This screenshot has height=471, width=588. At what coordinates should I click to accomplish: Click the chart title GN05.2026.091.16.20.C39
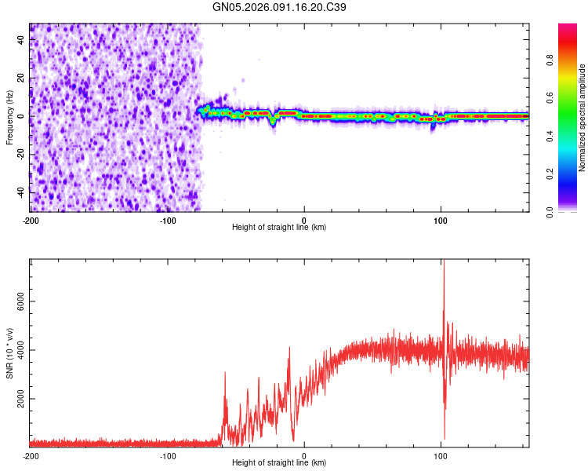[280, 7]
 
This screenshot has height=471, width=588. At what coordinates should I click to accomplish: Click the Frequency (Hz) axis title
[9, 117]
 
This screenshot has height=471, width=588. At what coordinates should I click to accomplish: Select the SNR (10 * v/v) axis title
[9, 352]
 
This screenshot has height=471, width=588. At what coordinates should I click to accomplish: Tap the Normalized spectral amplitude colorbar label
[583, 118]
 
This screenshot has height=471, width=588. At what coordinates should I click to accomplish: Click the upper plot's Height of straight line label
[279, 227]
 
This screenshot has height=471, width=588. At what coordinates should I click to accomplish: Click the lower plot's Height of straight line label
[279, 462]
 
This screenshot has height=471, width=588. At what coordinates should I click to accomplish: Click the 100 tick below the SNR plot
[441, 455]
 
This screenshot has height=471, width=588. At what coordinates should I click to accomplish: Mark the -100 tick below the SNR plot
[167, 455]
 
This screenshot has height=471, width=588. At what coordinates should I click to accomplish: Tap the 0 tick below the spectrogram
[304, 219]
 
